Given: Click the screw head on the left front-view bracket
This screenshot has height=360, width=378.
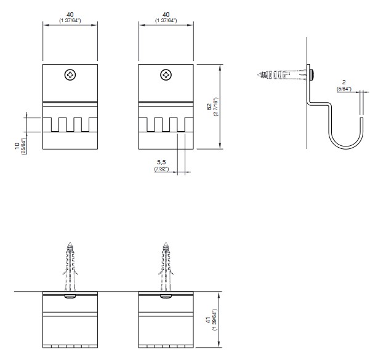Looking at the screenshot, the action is tap(70, 75).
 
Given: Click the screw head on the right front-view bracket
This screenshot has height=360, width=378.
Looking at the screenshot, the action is tap(166, 75).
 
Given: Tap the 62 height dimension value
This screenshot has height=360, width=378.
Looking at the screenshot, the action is tap(209, 106).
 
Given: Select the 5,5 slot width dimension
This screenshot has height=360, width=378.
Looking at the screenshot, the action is tap(161, 162).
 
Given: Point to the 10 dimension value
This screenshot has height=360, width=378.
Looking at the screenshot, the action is tap(17, 146).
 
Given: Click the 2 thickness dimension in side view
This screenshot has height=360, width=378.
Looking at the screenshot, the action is tap(344, 82).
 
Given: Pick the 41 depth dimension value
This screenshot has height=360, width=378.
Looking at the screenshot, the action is tap(208, 320).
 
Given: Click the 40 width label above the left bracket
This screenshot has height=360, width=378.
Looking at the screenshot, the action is tap(70, 15).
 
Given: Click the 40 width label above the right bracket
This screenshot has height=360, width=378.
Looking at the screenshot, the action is tap(166, 15).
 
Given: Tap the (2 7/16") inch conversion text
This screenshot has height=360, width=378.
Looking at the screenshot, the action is tap(215, 106).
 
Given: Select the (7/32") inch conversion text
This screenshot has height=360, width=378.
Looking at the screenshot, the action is tap(161, 169).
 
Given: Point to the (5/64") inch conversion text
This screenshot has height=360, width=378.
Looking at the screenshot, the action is tap(344, 89).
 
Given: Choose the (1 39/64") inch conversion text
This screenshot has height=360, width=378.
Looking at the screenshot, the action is tap(214, 320).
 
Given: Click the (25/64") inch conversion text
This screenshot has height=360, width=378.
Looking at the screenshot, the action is tap(23, 146).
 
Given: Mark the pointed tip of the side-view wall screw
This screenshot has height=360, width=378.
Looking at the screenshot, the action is tap(258, 74).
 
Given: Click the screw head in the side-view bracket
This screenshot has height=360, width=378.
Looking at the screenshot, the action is tap(312, 74).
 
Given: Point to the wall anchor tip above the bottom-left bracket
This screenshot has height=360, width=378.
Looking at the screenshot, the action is tap(70, 243).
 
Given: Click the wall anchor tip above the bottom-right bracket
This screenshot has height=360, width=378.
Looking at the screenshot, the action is tap(166, 243).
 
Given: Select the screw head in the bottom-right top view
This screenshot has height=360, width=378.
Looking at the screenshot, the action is tap(166, 297).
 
